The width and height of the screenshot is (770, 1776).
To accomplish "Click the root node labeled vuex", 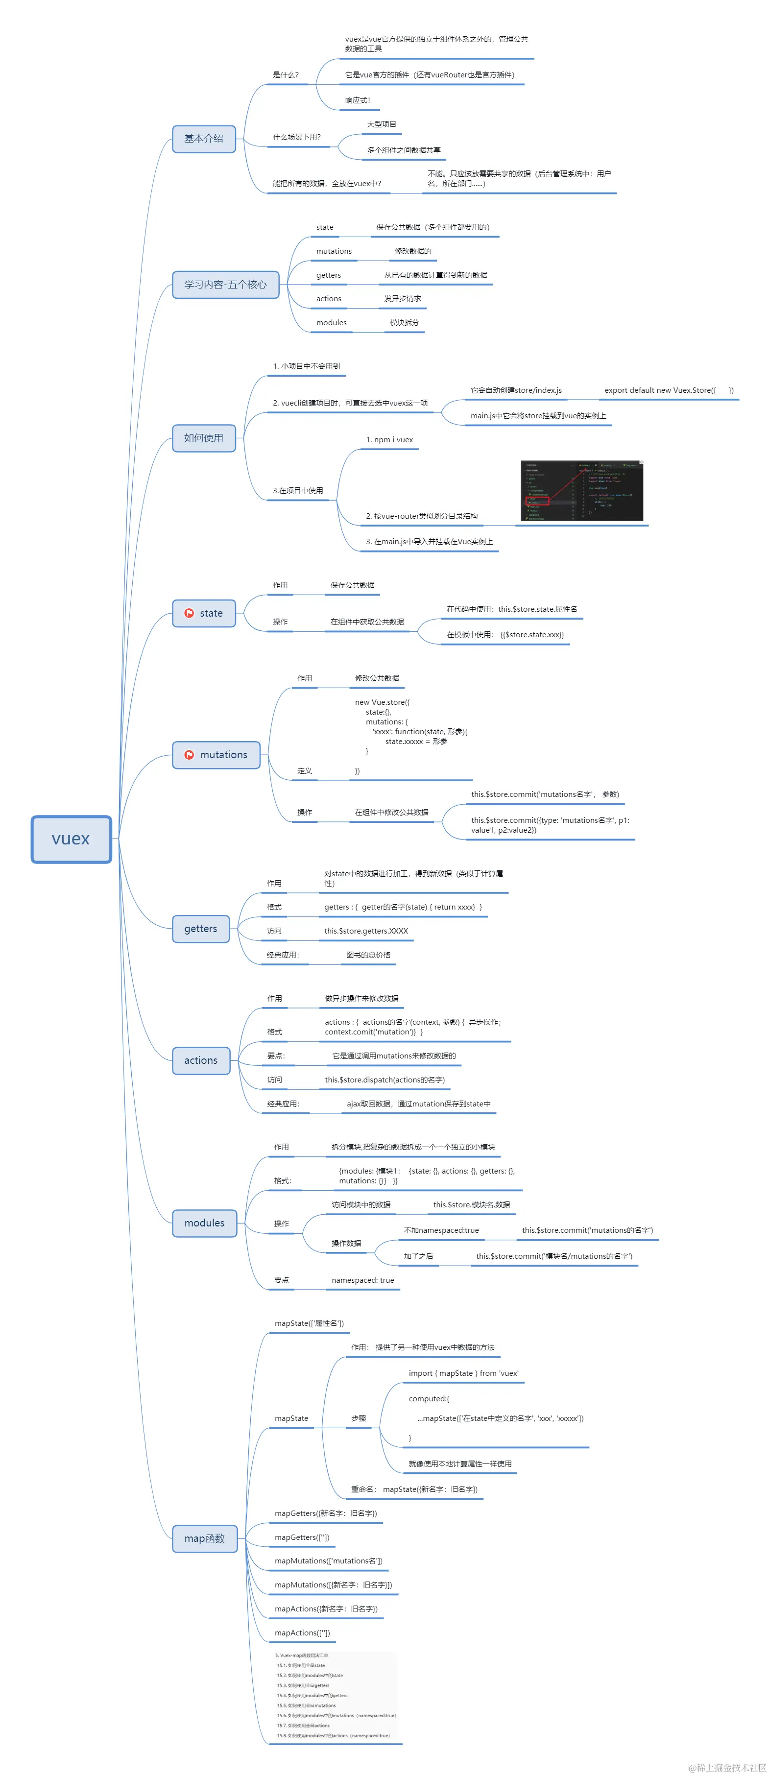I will coord(71,839).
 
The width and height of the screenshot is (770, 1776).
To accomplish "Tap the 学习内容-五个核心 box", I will coord(225,285).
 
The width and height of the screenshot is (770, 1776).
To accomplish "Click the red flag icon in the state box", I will coord(189,613).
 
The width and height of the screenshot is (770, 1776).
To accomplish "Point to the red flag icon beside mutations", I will coord(189,755).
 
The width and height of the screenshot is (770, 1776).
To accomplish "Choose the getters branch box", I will coord(201,929).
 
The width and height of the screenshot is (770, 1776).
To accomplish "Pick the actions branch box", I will coord(201,1060).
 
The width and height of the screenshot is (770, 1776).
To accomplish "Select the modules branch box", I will coord(204,1223).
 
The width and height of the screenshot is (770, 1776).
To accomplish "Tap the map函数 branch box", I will coord(204,1539).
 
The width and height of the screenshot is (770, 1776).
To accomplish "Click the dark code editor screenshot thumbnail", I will coord(581,490).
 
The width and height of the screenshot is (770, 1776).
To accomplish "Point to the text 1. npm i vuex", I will coord(389,440).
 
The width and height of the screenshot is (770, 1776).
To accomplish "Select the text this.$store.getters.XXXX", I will coord(366,931).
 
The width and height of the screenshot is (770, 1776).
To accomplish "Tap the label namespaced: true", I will coord(362,1280).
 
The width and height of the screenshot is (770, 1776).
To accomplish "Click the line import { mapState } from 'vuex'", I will coord(463,1373).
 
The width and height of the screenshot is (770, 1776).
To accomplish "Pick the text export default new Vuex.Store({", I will coord(660,390).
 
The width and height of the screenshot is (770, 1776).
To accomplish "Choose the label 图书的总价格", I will coord(368,955).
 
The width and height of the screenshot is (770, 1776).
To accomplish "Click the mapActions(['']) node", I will coord(302,1632).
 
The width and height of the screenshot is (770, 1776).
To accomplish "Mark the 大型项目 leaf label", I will coord(381,124).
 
